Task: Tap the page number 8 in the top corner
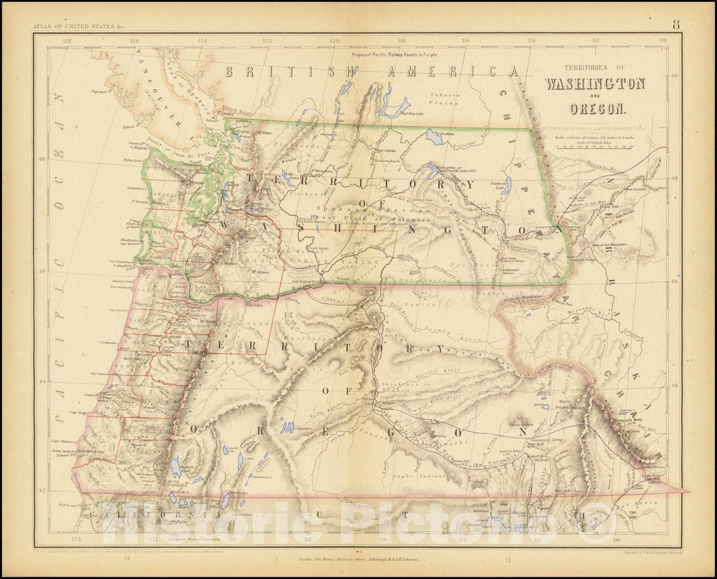(675, 27)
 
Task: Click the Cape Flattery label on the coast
(136, 149)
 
